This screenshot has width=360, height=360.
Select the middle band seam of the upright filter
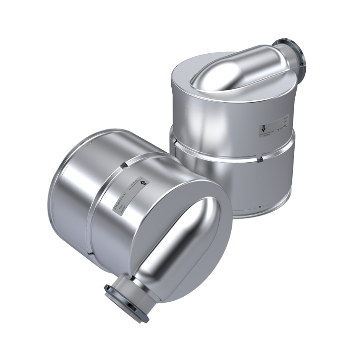coord(230,146)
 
